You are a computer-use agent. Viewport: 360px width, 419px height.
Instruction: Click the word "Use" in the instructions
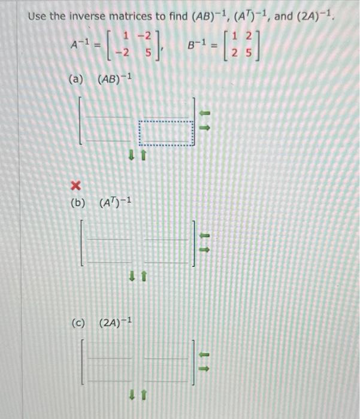[37, 16]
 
